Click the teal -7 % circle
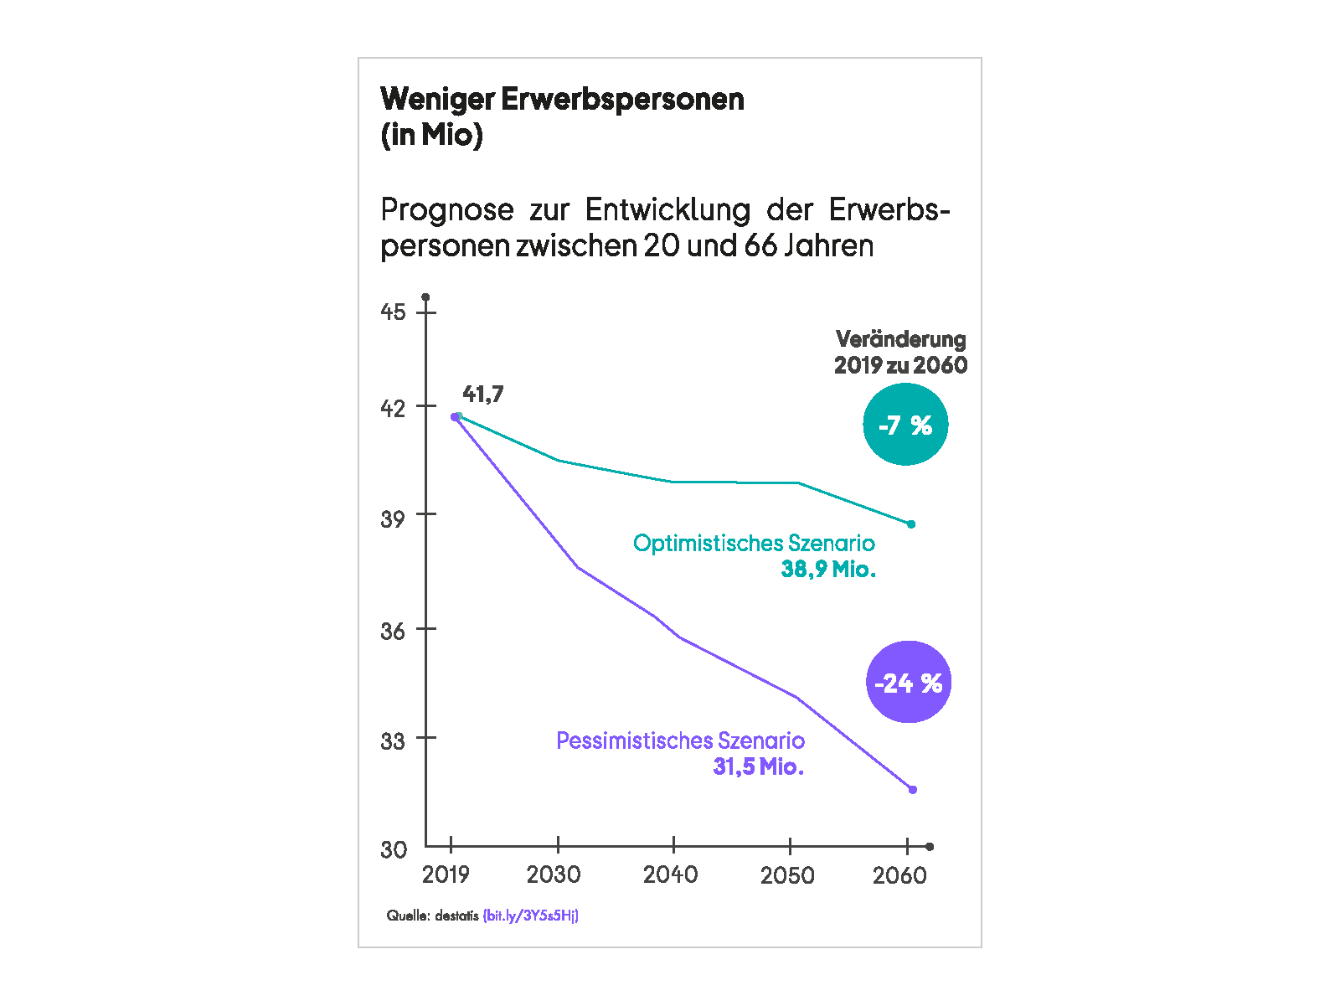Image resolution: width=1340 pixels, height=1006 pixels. [x=904, y=425]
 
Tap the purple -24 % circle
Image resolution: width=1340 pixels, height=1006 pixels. [x=908, y=682]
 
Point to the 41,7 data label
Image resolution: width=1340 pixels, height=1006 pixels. [x=483, y=394]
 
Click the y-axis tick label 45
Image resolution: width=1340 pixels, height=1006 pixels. [x=393, y=312]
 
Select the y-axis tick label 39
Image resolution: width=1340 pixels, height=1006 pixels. [x=393, y=518]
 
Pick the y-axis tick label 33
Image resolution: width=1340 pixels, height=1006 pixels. [x=393, y=740]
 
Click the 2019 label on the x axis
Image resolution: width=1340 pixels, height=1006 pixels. [x=446, y=874]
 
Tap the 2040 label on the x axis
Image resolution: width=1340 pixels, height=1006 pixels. [x=670, y=874]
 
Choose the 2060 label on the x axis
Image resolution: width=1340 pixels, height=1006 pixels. [x=899, y=875]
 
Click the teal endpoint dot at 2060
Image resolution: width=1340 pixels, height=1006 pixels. [x=911, y=524]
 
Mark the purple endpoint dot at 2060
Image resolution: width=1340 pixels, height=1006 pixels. [x=913, y=789]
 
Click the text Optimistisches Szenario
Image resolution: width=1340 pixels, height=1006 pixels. [x=754, y=543]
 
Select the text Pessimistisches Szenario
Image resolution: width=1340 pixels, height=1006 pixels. [x=680, y=740]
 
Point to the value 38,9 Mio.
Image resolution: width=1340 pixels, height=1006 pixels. [x=828, y=569]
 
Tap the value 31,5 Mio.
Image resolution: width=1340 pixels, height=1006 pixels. [x=758, y=766]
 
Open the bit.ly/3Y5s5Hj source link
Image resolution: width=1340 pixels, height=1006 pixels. [x=531, y=916]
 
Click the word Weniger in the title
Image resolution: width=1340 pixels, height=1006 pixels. [x=437, y=99]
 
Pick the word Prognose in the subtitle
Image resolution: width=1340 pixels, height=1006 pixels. [x=447, y=209]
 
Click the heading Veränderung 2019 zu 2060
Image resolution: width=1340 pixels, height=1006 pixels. [x=900, y=352]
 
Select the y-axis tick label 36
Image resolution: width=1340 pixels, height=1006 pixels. [x=393, y=630]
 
